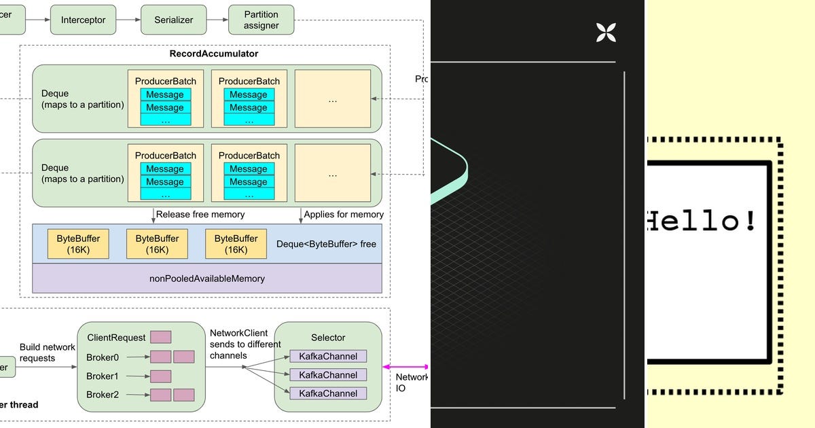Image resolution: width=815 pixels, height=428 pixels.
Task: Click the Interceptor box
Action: [83, 20]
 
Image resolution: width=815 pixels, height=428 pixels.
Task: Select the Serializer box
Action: [174, 20]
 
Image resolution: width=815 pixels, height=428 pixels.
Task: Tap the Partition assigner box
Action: [261, 20]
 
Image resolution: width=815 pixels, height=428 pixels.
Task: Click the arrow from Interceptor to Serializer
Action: [128, 20]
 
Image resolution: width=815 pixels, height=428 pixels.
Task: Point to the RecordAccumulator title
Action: [213, 53]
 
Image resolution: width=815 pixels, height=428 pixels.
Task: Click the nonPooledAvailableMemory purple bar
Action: [207, 279]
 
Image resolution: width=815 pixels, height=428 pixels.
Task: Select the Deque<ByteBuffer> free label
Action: [326, 244]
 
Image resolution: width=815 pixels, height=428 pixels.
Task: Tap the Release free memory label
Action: [200, 215]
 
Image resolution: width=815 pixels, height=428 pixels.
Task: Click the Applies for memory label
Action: [344, 215]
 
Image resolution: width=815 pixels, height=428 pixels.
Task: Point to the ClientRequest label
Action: [116, 338]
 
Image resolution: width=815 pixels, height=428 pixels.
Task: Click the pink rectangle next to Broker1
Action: [160, 376]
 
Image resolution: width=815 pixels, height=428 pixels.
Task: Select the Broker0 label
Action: [103, 357]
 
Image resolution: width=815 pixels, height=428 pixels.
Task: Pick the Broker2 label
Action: [103, 395]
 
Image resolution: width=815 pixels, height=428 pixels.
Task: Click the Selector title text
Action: [328, 338]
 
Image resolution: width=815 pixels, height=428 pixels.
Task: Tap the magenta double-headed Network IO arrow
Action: [406, 366]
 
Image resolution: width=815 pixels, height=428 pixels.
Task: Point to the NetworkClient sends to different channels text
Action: [245, 344]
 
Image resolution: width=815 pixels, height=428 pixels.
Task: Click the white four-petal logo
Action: [605, 32]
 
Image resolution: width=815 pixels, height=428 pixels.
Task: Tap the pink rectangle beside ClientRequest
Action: [160, 337]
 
